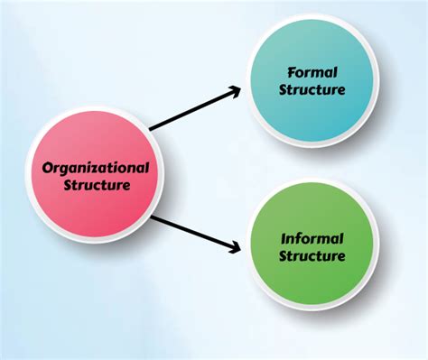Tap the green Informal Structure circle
coord(312,246)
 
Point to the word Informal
coord(312,238)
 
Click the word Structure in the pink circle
coord(98,186)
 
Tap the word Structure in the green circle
coord(312,256)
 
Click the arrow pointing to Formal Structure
coord(195,108)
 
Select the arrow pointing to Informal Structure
coord(195,232)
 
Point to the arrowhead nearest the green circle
coord(237,248)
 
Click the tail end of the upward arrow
coord(151,129)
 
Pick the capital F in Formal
coord(292,70)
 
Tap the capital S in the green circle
coord(283,256)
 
